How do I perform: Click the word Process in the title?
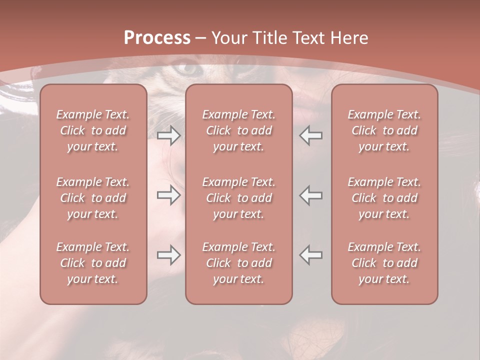click(157, 38)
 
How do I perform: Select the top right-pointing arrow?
click(168, 135)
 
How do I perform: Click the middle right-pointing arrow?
click(168, 195)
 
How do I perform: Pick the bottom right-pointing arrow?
click(168, 255)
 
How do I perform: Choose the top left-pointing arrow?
click(310, 135)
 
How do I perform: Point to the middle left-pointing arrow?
click(310, 195)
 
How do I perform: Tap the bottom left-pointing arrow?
click(310, 254)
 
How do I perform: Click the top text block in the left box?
click(93, 130)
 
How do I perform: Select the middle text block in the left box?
click(93, 198)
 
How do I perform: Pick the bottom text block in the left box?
click(93, 263)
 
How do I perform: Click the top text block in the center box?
click(238, 130)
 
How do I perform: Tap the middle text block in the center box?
click(238, 198)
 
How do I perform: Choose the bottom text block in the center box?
click(238, 263)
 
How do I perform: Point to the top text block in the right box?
click(384, 130)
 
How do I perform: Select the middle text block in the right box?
click(384, 198)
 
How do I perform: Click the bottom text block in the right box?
click(384, 263)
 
